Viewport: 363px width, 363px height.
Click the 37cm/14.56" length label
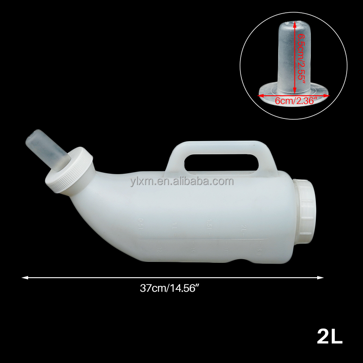click(x=170, y=288)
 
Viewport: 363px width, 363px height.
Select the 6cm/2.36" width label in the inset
click(x=294, y=101)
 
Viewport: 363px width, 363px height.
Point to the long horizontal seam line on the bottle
click(x=200, y=237)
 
